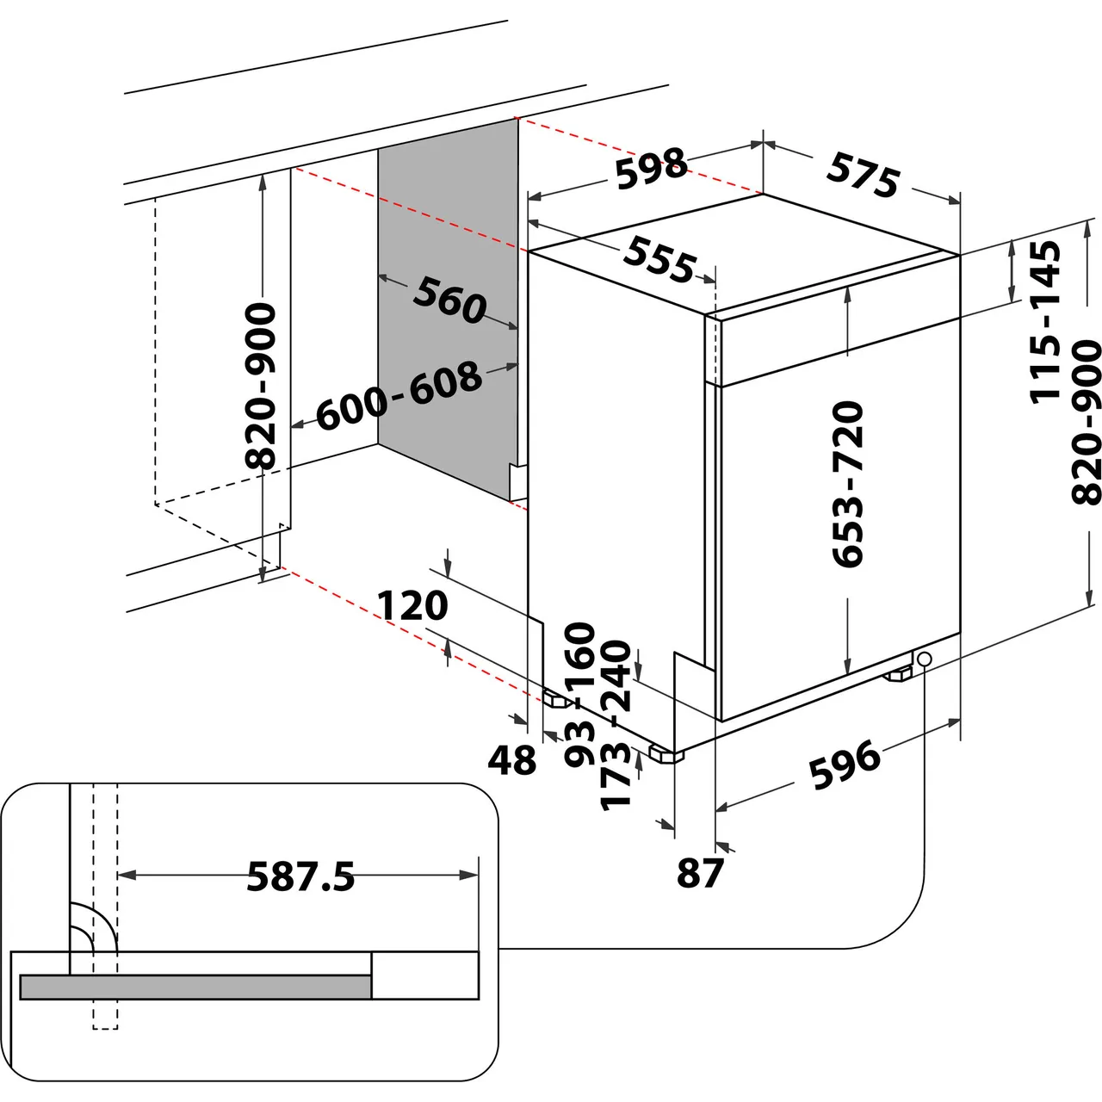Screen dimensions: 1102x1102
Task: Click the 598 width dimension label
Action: [x=652, y=167]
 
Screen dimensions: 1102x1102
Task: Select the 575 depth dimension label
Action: [x=863, y=175]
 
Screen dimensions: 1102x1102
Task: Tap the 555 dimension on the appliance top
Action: [x=659, y=258]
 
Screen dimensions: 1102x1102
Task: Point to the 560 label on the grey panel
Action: [x=449, y=300]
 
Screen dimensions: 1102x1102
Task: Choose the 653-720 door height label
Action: [x=848, y=483]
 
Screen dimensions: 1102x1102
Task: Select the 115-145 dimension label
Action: [x=1045, y=321]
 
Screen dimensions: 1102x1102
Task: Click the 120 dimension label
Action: [x=412, y=605]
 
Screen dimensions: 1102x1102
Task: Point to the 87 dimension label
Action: [x=700, y=873]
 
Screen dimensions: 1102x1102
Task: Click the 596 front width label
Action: [x=845, y=765]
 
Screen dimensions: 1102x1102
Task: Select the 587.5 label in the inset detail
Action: [x=300, y=877]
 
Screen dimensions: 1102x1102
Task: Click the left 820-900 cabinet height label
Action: [x=261, y=385]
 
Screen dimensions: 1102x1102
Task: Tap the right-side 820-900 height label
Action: [x=1087, y=422]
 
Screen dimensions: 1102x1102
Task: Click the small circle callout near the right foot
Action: [x=925, y=659]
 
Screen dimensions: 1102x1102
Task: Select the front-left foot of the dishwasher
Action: [x=666, y=755]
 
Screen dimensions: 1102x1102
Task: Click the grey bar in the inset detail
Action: [x=195, y=987]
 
